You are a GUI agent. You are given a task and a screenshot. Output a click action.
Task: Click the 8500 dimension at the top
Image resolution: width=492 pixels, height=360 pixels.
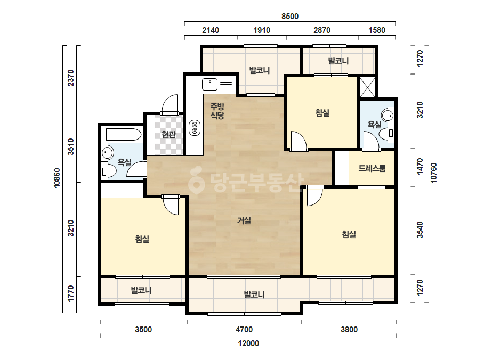pos(289,17)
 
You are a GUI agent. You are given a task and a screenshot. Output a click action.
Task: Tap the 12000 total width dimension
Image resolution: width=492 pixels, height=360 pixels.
pos(248,343)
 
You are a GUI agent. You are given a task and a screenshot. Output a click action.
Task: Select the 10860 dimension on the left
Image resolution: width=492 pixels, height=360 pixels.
pos(57,178)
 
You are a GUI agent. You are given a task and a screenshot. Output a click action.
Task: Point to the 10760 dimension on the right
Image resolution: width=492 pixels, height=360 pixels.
pos(433,173)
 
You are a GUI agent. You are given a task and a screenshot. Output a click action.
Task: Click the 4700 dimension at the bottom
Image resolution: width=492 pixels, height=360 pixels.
pos(244,330)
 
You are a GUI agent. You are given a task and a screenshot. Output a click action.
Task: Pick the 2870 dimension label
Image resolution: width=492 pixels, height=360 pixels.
pos(322,30)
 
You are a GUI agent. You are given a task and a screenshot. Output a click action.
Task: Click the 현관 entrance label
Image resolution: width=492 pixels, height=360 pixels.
pos(168,135)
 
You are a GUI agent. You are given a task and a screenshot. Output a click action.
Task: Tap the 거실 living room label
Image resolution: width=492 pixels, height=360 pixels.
pos(244,220)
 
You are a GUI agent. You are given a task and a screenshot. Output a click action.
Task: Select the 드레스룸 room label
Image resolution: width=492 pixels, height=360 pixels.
pos(372,168)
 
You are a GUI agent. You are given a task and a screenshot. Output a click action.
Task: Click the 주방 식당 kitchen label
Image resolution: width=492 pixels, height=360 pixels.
pos(217,111)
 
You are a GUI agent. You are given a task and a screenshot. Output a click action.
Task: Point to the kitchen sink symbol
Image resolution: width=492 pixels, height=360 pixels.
pos(210,85)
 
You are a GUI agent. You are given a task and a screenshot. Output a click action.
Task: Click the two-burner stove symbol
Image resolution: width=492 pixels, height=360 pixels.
pos(195,128)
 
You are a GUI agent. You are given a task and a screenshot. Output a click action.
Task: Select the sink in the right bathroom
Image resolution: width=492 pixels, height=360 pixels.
pos(388,116)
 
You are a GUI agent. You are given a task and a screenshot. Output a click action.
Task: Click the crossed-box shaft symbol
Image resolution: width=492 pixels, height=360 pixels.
pos(367,87)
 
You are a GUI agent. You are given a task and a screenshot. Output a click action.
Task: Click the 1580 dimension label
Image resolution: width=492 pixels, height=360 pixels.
pos(377,30)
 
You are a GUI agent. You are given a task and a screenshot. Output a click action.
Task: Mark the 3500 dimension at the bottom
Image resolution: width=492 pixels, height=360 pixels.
pos(143,330)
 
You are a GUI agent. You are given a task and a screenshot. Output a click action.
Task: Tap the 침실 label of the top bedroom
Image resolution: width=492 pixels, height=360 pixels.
pos(322,112)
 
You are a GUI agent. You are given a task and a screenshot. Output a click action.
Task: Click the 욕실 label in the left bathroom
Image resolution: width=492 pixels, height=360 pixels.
pos(124,162)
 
